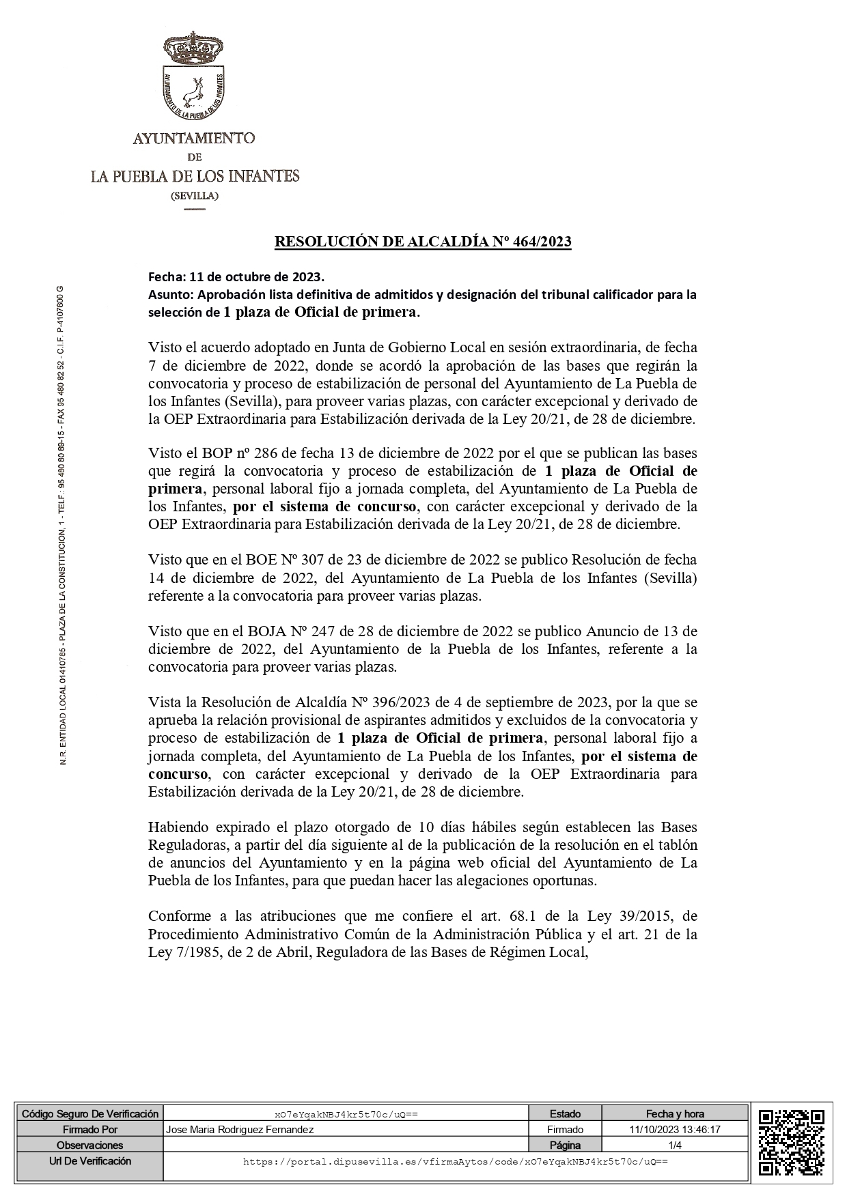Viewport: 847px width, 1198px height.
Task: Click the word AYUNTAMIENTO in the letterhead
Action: pyautogui.click(x=194, y=139)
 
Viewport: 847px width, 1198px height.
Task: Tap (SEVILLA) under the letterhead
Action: pyautogui.click(x=195, y=197)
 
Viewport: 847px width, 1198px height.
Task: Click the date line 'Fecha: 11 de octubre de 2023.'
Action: pyautogui.click(x=236, y=277)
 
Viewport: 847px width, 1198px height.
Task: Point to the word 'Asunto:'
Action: pyautogui.click(x=171, y=295)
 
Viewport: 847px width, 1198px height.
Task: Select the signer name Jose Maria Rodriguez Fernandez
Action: pyautogui.click(x=240, y=1130)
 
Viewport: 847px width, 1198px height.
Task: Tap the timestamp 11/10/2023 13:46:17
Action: pyautogui.click(x=674, y=1130)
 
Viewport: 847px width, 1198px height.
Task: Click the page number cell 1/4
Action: pyautogui.click(x=674, y=1145)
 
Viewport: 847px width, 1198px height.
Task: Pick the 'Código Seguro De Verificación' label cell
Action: pyautogui.click(x=90, y=1114)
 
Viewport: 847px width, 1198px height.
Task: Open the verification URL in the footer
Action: pyautogui.click(x=455, y=1161)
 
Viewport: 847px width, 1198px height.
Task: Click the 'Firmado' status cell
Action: pyautogui.click(x=565, y=1130)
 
